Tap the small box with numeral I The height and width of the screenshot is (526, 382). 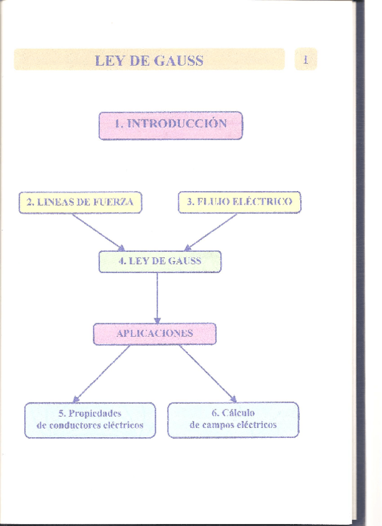coord(306,60)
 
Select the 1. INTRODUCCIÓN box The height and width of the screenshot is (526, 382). coord(171,124)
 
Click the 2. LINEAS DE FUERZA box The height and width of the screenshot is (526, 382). coord(80,202)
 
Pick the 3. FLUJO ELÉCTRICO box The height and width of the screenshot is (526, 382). coord(239,202)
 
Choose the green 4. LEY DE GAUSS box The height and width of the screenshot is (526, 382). coord(159,261)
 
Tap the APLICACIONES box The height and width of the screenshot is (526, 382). coord(154,333)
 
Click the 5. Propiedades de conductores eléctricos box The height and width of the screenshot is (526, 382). coord(90,419)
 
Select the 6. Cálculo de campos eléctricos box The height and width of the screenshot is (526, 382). coord(233,419)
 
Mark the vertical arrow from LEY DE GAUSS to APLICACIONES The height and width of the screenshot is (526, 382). coord(157,298)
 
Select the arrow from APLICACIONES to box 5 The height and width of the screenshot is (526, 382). coord(102,373)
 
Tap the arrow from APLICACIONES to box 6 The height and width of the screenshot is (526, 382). coord(208,373)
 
